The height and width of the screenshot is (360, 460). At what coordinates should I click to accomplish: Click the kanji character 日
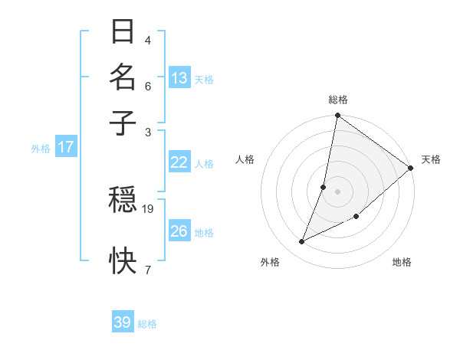click(123, 33)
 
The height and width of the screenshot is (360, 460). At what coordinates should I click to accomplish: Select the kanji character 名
click(123, 77)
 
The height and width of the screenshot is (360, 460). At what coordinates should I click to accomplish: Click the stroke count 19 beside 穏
click(149, 208)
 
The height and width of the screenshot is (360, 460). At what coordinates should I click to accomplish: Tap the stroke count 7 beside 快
click(147, 270)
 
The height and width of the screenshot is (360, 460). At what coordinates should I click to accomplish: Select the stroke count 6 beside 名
click(147, 86)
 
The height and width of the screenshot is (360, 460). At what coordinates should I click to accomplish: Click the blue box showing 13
click(179, 78)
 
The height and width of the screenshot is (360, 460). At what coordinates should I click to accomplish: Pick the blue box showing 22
click(179, 162)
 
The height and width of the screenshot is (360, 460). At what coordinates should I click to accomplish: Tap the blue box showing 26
click(179, 231)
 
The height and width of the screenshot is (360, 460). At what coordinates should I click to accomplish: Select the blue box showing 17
click(66, 147)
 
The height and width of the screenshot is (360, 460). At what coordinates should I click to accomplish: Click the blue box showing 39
click(123, 322)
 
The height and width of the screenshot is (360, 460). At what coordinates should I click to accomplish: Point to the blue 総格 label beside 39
click(147, 324)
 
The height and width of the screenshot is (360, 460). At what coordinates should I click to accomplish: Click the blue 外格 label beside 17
click(41, 149)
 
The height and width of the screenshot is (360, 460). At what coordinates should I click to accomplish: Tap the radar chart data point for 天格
click(410, 169)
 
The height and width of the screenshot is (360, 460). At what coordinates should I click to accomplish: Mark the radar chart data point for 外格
click(302, 242)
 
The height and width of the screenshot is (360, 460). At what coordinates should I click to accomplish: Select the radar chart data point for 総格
click(337, 116)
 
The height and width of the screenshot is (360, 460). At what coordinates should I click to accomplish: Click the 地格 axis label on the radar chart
click(402, 262)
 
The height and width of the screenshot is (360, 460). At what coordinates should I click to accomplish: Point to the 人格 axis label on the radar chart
click(245, 159)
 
